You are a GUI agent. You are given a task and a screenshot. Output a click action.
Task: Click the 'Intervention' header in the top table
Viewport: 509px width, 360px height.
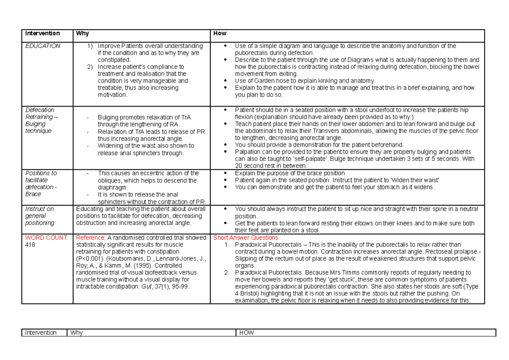tap(42, 34)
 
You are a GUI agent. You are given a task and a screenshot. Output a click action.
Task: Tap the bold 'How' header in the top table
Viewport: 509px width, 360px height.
tap(220, 34)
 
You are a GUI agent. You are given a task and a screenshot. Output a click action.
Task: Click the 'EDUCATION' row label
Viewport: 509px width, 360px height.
tap(43, 46)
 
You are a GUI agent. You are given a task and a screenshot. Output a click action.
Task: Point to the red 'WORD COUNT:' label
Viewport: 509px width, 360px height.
tap(46, 238)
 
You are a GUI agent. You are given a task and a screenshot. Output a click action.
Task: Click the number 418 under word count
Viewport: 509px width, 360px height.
tap(31, 245)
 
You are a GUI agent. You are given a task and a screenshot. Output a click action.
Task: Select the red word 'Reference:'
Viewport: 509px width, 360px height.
tap(90, 238)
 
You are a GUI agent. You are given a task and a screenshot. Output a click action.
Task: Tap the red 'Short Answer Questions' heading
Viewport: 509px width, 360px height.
tap(246, 238)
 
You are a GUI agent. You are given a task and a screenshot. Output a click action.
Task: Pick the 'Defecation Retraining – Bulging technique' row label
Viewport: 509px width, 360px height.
tap(40, 120)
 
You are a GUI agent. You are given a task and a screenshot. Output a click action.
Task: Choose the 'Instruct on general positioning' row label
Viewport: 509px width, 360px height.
tap(39, 216)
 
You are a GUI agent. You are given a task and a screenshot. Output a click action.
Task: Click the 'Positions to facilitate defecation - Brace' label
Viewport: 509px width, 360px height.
tap(41, 183)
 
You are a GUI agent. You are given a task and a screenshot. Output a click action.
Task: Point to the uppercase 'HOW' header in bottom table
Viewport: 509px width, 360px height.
tap(246, 333)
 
